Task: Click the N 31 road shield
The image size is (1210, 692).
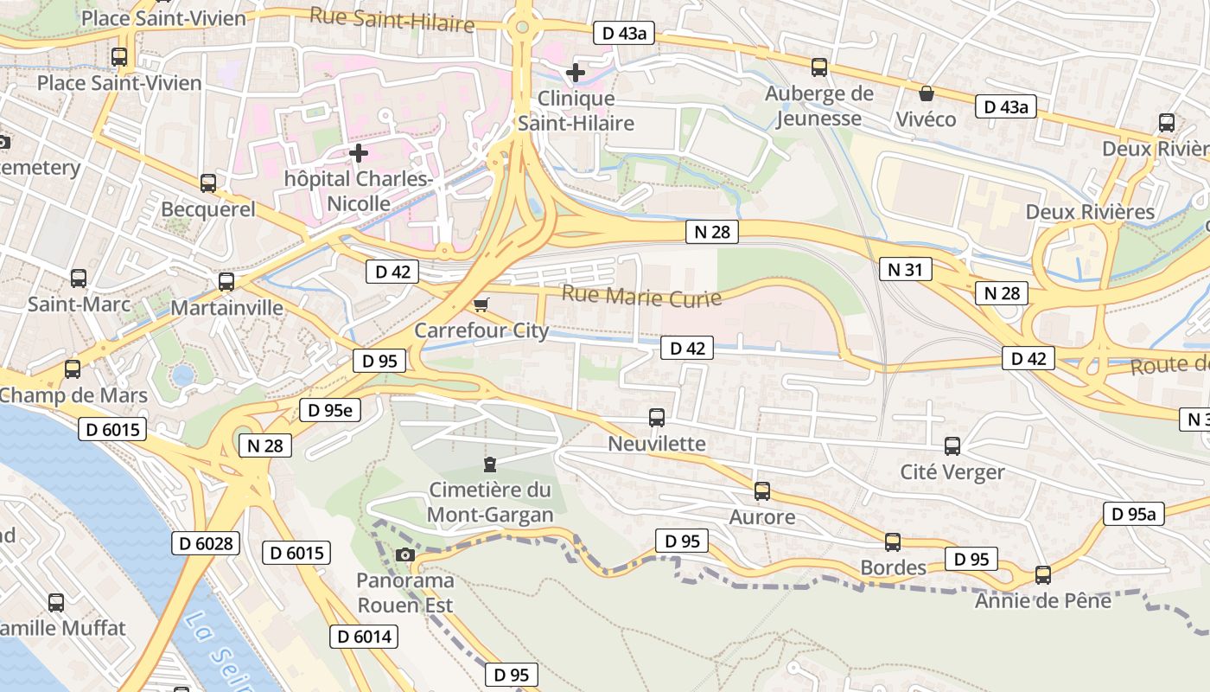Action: [905, 270]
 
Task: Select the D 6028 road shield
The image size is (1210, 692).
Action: [204, 543]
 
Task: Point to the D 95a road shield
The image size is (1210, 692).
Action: [1133, 514]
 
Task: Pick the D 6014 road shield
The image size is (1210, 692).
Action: [364, 638]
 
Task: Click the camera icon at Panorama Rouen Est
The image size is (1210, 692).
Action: [404, 554]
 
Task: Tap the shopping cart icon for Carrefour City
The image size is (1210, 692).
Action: [481, 304]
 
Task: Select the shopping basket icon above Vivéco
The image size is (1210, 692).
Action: [927, 93]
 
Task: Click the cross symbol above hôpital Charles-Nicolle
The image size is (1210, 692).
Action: [359, 154]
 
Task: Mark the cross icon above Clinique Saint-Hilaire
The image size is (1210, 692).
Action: [576, 73]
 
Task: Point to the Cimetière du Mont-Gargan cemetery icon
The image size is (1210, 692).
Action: [490, 465]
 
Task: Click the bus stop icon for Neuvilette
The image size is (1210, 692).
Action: [657, 418]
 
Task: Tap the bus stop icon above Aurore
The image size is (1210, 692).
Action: [762, 491]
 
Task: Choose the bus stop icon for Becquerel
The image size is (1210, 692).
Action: [208, 183]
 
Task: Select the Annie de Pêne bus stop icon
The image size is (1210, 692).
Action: [1043, 575]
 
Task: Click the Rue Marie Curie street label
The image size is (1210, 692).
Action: [641, 297]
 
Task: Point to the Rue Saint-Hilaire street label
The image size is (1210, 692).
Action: [392, 19]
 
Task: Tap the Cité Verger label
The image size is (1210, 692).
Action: [952, 472]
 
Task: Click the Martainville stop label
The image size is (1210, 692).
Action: [227, 308]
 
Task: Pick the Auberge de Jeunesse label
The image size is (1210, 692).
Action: [819, 106]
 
